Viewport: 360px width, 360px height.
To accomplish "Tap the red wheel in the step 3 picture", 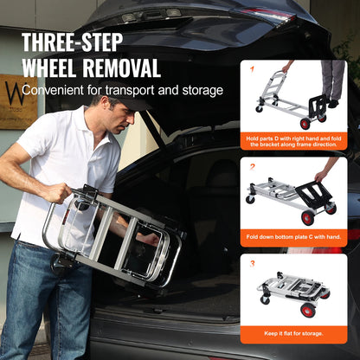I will pyautogui.click(x=307, y=310).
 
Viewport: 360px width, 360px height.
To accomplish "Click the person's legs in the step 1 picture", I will pyautogui.click(x=331, y=82).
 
